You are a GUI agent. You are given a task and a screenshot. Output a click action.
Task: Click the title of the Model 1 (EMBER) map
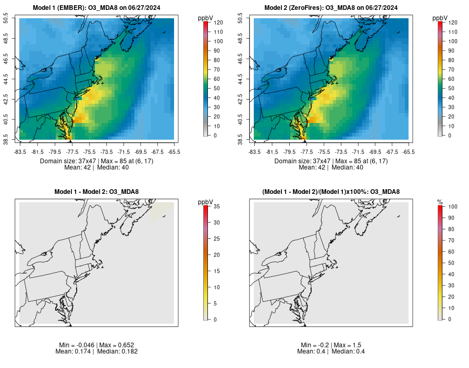pyautogui.click(x=96, y=7)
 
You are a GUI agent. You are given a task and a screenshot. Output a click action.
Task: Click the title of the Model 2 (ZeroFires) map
pyautogui.click(x=331, y=7)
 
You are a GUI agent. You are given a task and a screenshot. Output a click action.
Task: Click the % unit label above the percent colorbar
pyautogui.click(x=440, y=202)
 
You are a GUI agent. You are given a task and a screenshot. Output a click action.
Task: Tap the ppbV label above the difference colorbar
pyautogui.click(x=206, y=202)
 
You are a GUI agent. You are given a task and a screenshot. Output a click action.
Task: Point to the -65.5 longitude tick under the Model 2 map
pyautogui.click(x=409, y=152)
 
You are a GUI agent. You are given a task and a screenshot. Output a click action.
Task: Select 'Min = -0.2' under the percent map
pyautogui.click(x=314, y=345)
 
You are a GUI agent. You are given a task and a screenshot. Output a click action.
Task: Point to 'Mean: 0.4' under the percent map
pyautogui.click(x=312, y=351)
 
